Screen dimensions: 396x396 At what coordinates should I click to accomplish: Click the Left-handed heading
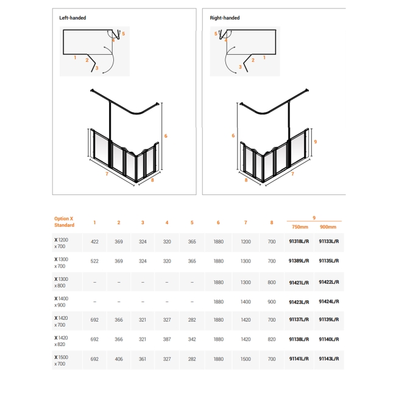72,18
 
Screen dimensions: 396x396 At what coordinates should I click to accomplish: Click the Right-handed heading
224,18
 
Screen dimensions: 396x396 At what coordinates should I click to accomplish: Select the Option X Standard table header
63,222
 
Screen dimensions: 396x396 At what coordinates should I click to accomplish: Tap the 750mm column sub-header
299,228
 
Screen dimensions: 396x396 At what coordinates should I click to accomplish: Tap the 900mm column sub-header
328,228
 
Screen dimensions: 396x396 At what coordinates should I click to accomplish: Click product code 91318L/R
299,242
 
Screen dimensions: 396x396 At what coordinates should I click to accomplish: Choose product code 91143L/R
328,359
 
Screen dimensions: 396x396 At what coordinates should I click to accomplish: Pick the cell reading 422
94,242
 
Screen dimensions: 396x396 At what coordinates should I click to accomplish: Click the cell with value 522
94,262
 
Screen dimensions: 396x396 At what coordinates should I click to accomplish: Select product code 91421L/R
299,281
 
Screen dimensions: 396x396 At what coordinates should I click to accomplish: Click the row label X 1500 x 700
62,359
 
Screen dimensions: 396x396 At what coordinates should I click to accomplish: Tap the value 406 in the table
119,359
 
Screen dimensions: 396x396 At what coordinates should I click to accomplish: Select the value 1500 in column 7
245,359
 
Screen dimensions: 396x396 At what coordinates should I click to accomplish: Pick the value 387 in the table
168,340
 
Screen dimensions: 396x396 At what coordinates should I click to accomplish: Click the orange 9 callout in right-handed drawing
315,141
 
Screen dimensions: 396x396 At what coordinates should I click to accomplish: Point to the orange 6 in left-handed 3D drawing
166,135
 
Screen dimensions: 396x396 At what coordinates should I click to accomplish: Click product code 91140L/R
328,340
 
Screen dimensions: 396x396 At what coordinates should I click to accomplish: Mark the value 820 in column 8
272,340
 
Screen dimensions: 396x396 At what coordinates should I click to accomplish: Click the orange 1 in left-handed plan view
74,57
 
